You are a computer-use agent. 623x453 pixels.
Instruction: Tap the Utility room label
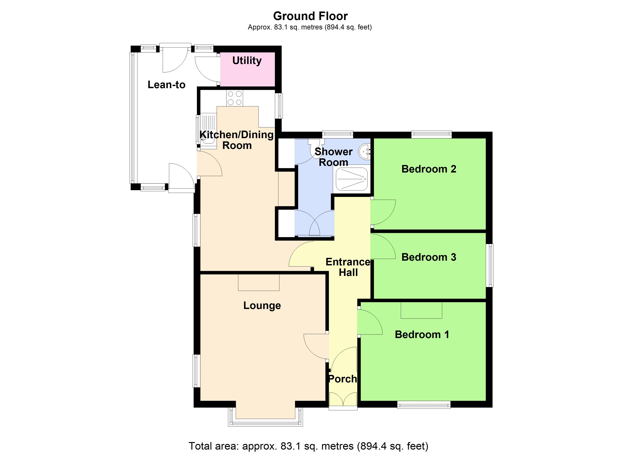pyautogui.click(x=247, y=60)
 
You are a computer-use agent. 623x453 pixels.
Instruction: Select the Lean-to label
pyautogui.click(x=167, y=85)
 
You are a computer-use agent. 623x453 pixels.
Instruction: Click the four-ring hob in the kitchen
pyautogui.click(x=235, y=98)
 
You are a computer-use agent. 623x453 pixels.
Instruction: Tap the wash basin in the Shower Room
pyautogui.click(x=365, y=152)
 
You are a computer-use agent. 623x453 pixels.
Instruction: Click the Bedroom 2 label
pyautogui.click(x=429, y=169)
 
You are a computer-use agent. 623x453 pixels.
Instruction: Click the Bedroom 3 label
pyautogui.click(x=429, y=257)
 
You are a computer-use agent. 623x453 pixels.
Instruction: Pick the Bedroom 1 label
pyautogui.click(x=422, y=335)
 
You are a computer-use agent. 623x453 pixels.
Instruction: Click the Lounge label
pyautogui.click(x=262, y=305)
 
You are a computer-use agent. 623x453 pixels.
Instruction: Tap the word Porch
pyautogui.click(x=342, y=379)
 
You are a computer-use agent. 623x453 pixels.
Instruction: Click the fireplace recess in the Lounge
pyautogui.click(x=258, y=282)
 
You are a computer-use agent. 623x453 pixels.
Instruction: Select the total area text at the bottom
pyautogui.click(x=308, y=446)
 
